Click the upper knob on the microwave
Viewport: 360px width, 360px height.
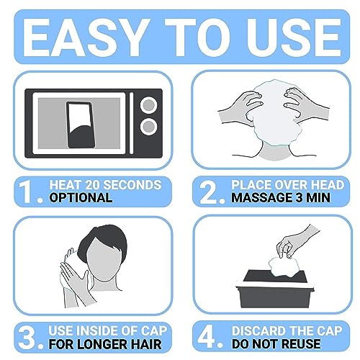click(149, 105)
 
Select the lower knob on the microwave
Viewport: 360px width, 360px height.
click(149, 126)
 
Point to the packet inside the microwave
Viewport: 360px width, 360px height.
click(81, 125)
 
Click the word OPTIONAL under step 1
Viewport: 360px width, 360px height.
click(81, 198)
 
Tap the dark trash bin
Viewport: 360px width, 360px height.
click(275, 289)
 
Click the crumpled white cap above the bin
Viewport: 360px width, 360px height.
click(284, 267)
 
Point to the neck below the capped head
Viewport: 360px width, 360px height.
click(275, 152)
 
